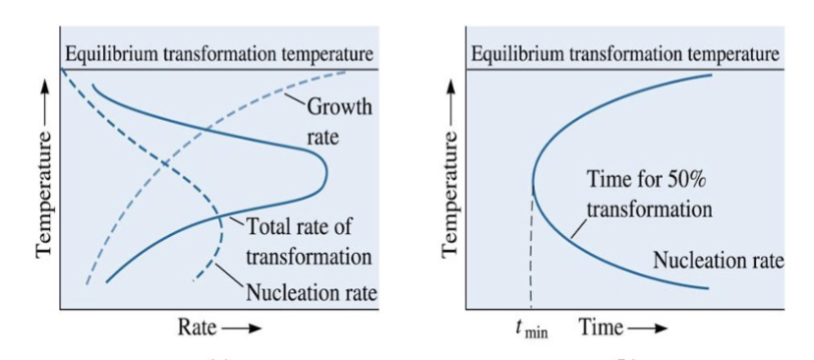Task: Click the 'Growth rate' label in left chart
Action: (x=339, y=122)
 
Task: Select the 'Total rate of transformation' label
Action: (x=309, y=242)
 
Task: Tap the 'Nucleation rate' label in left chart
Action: (x=312, y=292)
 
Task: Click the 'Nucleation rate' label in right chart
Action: (x=719, y=262)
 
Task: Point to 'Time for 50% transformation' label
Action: (x=649, y=195)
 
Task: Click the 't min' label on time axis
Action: (x=531, y=329)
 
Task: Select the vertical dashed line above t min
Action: (x=531, y=256)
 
